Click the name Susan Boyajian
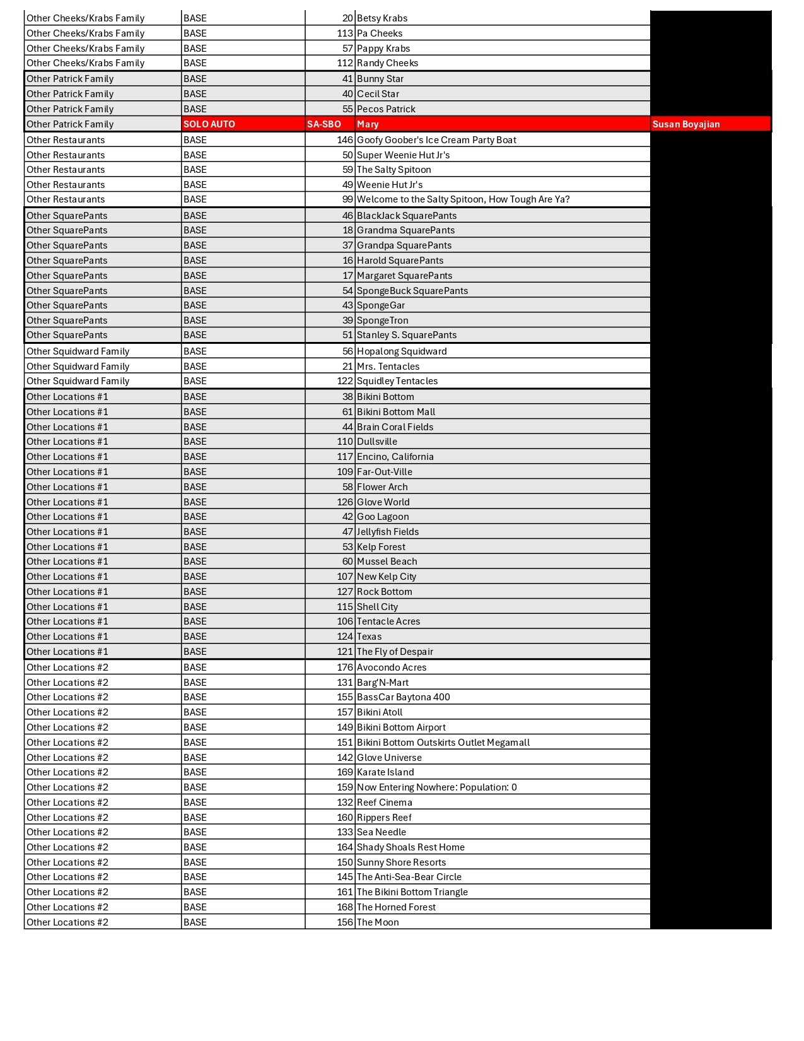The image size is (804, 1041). click(x=685, y=124)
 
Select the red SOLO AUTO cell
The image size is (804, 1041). click(x=209, y=124)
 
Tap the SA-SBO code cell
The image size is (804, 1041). click(x=324, y=124)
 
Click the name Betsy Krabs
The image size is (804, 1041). click(x=382, y=18)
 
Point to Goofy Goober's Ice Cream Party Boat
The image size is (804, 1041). click(x=436, y=140)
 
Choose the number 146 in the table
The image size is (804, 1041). click(x=345, y=140)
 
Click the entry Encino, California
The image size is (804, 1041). click(x=395, y=457)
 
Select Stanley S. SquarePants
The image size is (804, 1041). click(x=407, y=335)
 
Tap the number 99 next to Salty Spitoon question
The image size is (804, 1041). click(x=347, y=199)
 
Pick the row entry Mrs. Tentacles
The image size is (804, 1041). click(x=388, y=367)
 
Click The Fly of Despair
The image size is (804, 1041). click(x=395, y=652)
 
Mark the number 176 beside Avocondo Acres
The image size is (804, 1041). click(x=345, y=668)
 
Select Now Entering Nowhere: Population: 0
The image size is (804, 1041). click(x=436, y=787)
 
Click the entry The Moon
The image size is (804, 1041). click(x=378, y=922)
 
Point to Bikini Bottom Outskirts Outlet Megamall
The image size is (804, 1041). click(x=443, y=743)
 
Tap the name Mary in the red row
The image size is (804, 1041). click(x=368, y=124)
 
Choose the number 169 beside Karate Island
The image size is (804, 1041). click(x=345, y=772)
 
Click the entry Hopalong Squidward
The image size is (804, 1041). click(x=402, y=351)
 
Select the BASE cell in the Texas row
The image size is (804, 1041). click(x=195, y=637)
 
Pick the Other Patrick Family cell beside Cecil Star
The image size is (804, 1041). click(x=70, y=94)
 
